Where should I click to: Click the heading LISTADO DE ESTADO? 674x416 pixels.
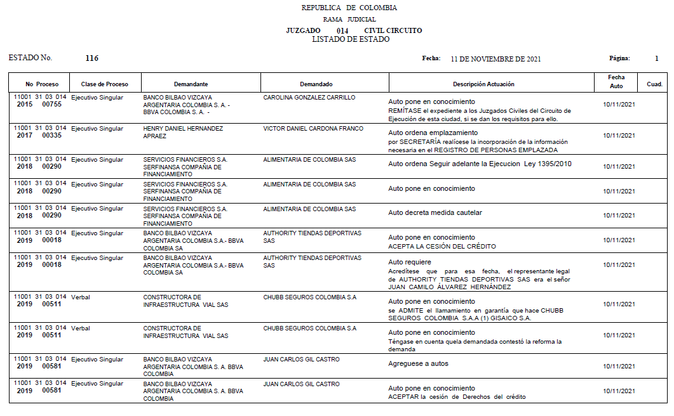point(351,39)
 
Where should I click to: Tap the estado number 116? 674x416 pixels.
point(91,58)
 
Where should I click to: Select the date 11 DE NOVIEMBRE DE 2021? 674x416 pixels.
point(495,59)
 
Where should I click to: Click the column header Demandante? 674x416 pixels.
point(191,84)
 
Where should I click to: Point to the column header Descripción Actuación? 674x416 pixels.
point(483,84)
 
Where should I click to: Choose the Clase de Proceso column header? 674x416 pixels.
point(104,84)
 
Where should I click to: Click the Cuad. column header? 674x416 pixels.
point(654,84)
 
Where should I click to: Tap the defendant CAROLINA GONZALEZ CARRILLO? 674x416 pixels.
point(309,98)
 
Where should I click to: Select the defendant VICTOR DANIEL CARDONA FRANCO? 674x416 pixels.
point(313,129)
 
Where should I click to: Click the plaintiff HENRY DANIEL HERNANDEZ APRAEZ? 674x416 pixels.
point(183,133)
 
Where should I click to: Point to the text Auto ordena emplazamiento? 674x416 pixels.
point(433,133)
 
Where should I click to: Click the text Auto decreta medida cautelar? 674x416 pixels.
point(435,213)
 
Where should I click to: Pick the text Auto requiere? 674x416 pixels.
point(410,262)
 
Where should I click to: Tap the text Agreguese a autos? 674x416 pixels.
point(418,363)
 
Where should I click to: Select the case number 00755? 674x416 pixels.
point(51,105)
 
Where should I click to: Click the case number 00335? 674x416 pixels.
point(51,136)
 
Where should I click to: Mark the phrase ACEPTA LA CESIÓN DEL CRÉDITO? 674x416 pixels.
point(442,246)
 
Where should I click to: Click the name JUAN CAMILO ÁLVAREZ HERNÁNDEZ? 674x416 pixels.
point(450,287)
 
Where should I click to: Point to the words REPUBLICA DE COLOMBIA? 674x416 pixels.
point(349,8)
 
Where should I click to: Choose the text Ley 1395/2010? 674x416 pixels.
point(548,164)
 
